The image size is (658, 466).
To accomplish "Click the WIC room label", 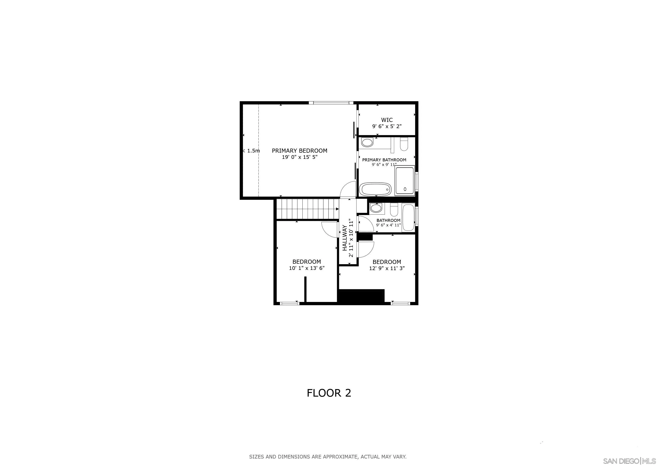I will [x=387, y=120].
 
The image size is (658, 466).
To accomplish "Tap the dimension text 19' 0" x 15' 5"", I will [x=300, y=157].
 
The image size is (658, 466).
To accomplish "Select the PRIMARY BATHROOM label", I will [x=384, y=160].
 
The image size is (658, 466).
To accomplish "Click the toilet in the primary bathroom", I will [x=404, y=144].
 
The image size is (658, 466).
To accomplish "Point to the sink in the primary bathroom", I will [x=367, y=142].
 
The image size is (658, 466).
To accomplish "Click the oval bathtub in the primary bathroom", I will [x=375, y=189].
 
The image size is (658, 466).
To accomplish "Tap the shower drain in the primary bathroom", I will [x=405, y=189].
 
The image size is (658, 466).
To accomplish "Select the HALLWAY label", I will [x=345, y=238].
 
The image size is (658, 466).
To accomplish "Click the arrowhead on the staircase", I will [x=337, y=209].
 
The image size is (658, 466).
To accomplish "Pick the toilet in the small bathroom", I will [x=394, y=210].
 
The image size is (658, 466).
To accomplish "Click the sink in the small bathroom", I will [x=376, y=208].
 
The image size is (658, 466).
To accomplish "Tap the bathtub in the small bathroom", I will [x=408, y=218].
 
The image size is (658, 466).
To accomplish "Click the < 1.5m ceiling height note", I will [x=251, y=151].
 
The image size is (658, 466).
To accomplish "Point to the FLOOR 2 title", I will [x=329, y=393].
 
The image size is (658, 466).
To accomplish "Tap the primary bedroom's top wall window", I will [x=331, y=102].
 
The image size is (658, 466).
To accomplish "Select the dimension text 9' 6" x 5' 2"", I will [x=387, y=126].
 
